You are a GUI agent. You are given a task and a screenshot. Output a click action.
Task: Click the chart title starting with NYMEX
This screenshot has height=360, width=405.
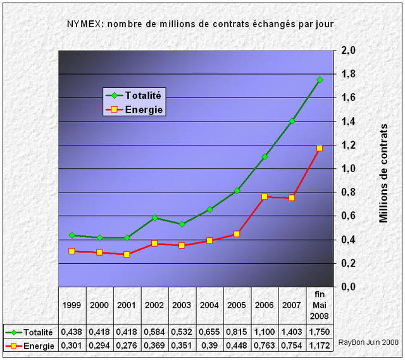click(x=201, y=24)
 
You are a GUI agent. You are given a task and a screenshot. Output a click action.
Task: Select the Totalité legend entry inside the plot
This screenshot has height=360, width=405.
click(x=133, y=96)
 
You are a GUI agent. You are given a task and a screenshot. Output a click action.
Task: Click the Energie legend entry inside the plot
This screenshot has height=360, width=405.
click(x=133, y=109)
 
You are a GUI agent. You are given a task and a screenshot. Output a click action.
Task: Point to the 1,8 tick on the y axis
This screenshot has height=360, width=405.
click(x=349, y=74)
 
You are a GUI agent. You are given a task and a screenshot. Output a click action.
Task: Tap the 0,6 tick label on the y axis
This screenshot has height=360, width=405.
click(x=349, y=216)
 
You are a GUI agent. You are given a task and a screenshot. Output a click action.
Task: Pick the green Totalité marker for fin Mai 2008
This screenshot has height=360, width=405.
click(x=320, y=80)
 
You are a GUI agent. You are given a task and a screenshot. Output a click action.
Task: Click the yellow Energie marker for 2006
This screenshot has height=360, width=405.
click(x=264, y=197)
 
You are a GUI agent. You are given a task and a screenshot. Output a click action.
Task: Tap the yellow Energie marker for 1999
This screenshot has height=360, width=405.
click(x=72, y=251)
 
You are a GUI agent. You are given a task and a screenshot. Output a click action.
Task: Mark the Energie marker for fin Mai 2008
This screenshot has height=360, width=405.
click(x=320, y=148)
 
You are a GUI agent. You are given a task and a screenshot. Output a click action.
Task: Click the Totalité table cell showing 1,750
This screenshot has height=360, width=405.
click(x=320, y=331)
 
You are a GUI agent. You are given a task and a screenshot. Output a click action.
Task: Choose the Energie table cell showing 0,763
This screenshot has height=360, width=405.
click(x=265, y=345)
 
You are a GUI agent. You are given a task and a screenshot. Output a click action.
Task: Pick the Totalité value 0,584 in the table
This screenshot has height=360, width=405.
click(x=154, y=331)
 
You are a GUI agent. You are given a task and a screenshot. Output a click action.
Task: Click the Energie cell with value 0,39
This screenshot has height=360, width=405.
click(x=209, y=345)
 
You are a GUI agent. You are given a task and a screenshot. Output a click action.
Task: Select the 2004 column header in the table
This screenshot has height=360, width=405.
click(x=209, y=304)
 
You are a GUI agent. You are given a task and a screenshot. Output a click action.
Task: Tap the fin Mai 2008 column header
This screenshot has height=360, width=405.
click(x=320, y=304)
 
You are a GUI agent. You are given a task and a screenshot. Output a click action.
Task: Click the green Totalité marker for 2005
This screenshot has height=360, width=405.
click(x=237, y=190)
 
